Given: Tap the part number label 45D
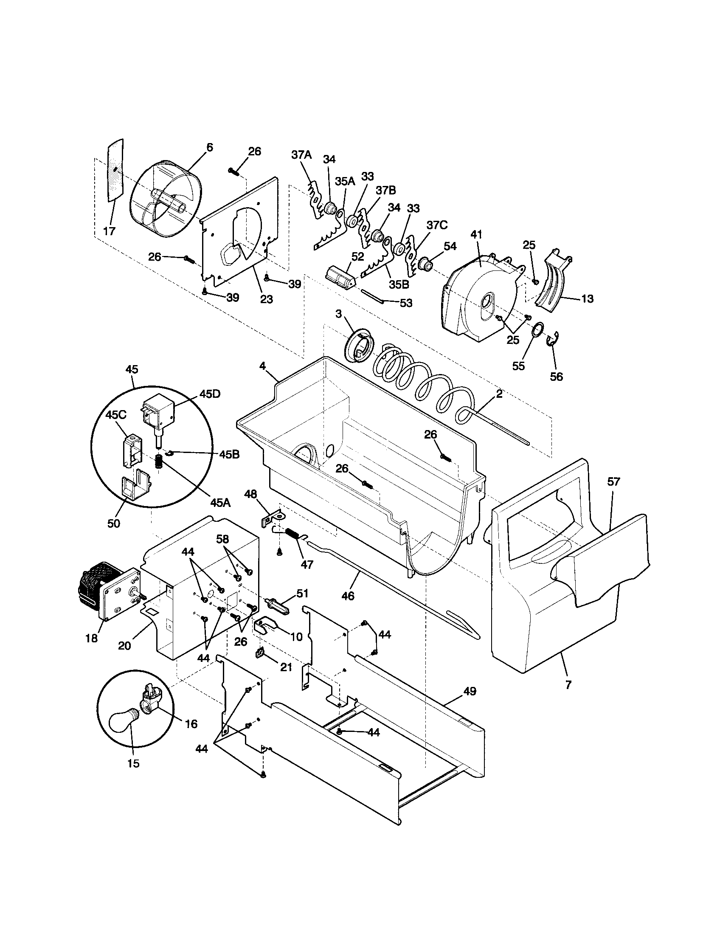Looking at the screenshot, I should pyautogui.click(x=210, y=394).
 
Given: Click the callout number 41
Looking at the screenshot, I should pyautogui.click(x=476, y=235).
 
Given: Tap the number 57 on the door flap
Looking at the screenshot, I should pyautogui.click(x=613, y=482).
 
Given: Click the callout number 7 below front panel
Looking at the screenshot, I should pyautogui.click(x=568, y=685).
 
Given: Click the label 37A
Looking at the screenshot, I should pyautogui.click(x=301, y=155).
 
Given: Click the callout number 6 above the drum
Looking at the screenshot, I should pyautogui.click(x=209, y=147).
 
